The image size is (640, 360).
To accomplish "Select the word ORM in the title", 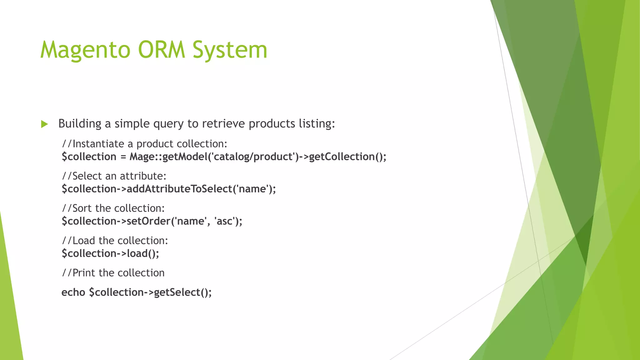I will coord(162,50).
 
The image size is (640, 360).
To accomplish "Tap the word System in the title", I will coord(230,50).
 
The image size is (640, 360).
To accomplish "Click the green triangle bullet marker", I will coord(44,124).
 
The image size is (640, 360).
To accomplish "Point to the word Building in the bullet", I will coord(80,124).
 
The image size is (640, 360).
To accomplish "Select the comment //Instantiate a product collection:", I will coord(144,144).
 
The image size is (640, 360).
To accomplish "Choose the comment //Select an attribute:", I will coord(114,176).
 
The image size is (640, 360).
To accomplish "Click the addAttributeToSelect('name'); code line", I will coord(169,189).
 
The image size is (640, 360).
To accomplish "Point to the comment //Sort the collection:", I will coord(113,208).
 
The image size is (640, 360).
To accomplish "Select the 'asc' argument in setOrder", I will coord(224,221).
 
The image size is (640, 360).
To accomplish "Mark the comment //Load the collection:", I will coord(115,241).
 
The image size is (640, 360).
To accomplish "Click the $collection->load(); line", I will coord(110,253).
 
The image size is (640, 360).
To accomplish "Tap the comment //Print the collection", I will coord(113,273).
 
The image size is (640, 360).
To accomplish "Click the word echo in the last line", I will coord(73,292).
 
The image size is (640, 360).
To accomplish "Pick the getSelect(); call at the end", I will coord(183,292).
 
